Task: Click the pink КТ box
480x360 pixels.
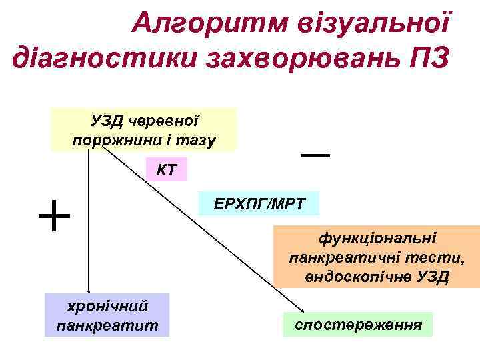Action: [x=167, y=170]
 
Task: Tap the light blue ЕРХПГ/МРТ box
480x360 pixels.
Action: [x=259, y=203]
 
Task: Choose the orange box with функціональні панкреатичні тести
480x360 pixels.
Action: [x=377, y=257]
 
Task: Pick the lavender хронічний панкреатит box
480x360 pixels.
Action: [x=107, y=315]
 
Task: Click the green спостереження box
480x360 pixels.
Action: [x=358, y=325]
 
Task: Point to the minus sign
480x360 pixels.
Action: [x=315, y=155]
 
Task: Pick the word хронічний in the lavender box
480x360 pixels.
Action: [x=107, y=306]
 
